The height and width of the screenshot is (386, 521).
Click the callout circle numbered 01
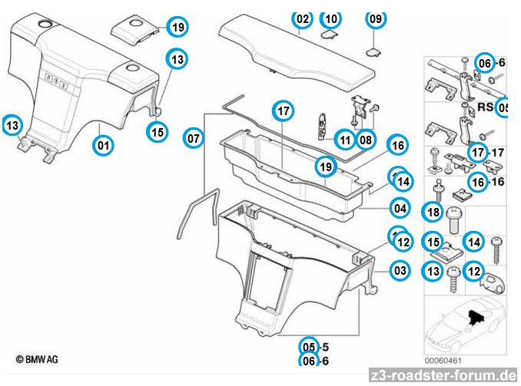pos(103,145)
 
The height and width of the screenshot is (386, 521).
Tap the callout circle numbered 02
pos(302,19)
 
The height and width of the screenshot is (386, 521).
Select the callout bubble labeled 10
pos(331,19)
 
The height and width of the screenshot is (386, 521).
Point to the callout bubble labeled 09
pos(376,19)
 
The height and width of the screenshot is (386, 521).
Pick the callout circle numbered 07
pos(194,138)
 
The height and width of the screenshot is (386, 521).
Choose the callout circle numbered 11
pos(345,140)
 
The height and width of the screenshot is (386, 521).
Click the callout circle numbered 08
pos(366,140)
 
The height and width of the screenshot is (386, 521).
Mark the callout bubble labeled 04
pos(400,209)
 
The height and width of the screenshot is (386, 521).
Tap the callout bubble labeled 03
pos(400,270)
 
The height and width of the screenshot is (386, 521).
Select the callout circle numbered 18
pos(433,212)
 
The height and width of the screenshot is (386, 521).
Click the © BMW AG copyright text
pos(37,359)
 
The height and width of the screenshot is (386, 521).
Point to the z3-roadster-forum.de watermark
pos(443,376)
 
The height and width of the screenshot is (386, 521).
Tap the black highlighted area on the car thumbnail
pos(476,317)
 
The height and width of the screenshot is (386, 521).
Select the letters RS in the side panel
pos(486,107)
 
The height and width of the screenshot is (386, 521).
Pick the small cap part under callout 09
pos(373,52)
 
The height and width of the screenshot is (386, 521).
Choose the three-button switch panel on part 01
pos(56,81)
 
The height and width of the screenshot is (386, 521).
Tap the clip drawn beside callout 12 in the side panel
pos(492,283)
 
